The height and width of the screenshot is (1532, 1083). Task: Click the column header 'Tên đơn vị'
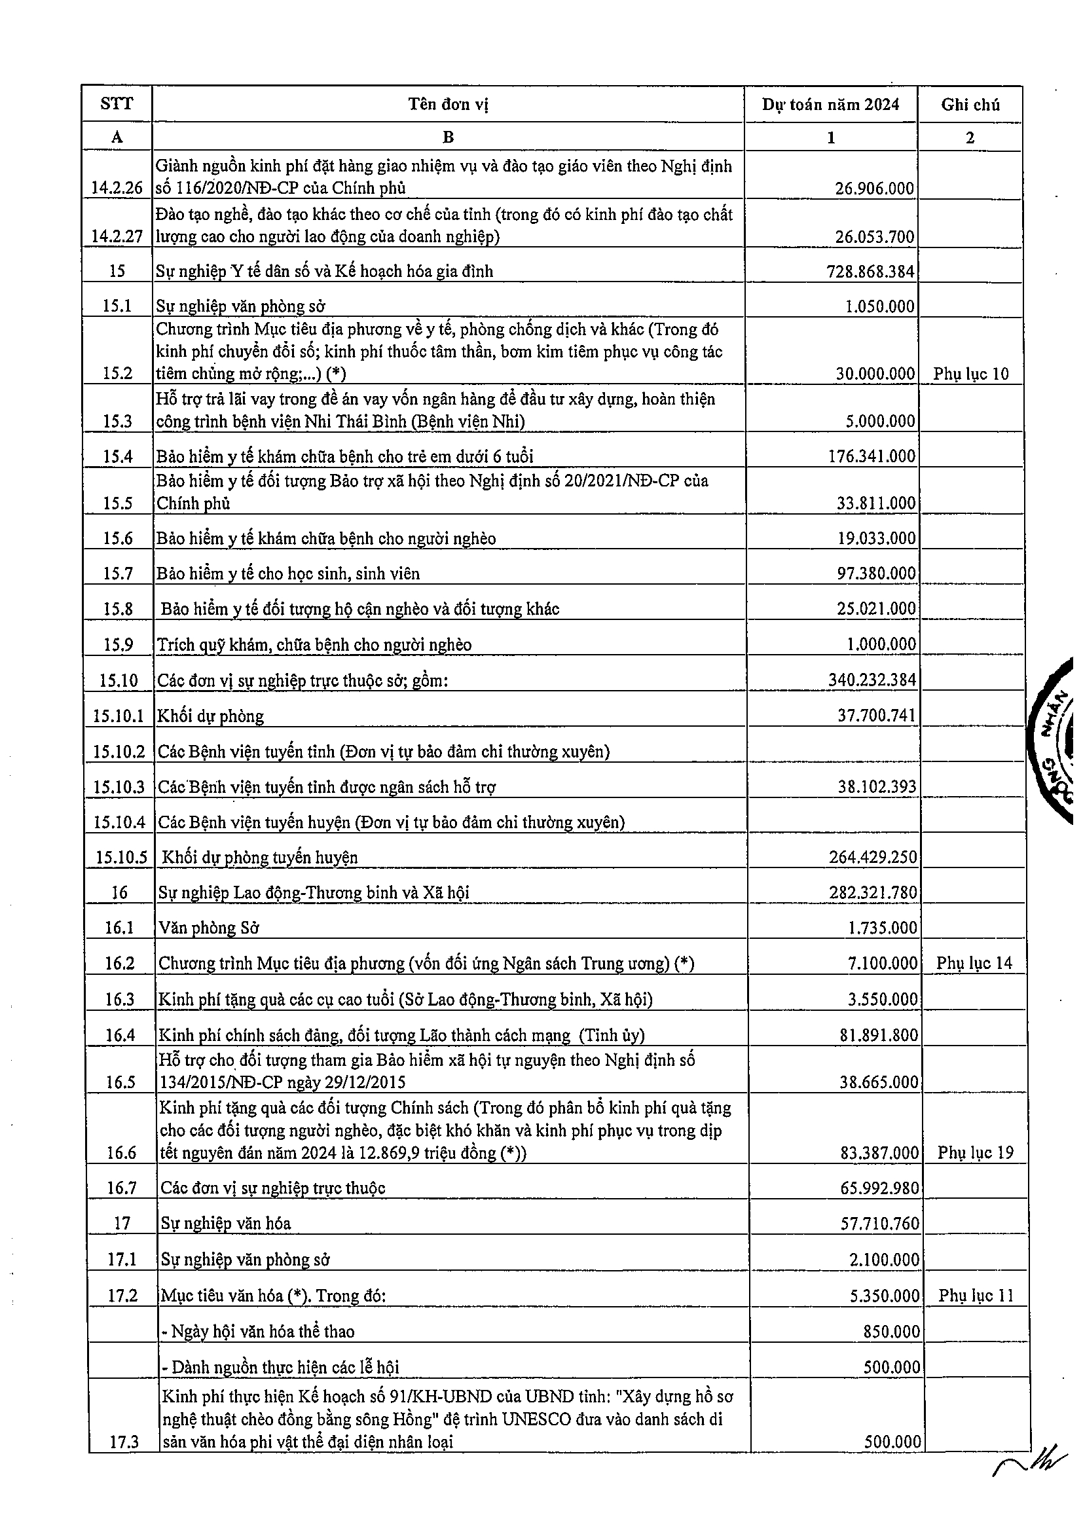point(448,104)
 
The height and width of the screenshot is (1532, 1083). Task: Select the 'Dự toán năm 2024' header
point(831,104)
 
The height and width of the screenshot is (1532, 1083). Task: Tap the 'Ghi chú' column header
point(970,104)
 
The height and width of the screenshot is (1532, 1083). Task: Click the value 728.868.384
point(870,271)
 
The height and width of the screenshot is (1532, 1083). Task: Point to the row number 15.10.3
point(119,787)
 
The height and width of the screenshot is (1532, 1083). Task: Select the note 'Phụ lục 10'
point(971,374)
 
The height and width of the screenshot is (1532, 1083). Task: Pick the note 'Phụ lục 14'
point(974,963)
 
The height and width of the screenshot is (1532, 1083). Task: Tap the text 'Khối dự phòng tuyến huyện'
point(259,858)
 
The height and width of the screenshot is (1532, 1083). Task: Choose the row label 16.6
point(120,1153)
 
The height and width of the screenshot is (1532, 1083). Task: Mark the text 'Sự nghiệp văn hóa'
point(225,1223)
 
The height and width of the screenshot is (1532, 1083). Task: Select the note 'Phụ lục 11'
point(976,1295)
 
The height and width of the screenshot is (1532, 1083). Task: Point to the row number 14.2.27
point(117,237)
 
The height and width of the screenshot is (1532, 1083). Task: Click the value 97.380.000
point(876,573)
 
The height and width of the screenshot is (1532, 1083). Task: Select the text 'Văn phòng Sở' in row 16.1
point(209,928)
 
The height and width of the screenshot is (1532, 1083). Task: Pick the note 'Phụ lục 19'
point(975,1152)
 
